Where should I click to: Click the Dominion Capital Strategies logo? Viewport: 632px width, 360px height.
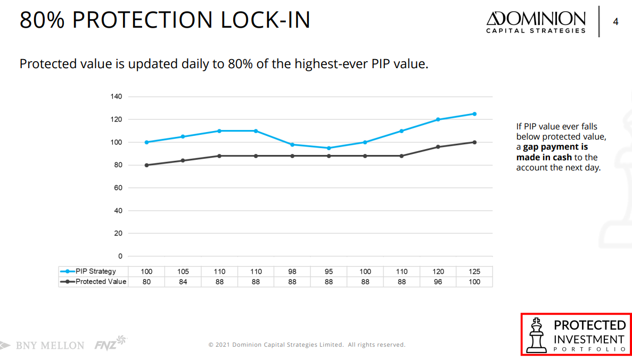pyautogui.click(x=536, y=22)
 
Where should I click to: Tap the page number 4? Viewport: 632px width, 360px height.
pyautogui.click(x=616, y=22)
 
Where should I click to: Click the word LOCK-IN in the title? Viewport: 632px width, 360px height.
pyautogui.click(x=266, y=20)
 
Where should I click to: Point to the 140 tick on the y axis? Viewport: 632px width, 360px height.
pyautogui.click(x=117, y=97)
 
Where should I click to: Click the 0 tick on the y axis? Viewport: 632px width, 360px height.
pyautogui.click(x=120, y=256)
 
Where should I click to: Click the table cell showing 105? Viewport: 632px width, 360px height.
pyautogui.click(x=183, y=272)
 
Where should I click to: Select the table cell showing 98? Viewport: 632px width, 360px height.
pyautogui.click(x=292, y=272)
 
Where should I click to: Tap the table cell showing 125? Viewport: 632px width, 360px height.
pyautogui.click(x=474, y=272)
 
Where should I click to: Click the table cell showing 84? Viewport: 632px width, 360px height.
pyautogui.click(x=183, y=282)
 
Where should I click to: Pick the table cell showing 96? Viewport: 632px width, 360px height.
pyautogui.click(x=438, y=282)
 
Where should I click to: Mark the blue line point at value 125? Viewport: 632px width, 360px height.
pyautogui.click(x=474, y=114)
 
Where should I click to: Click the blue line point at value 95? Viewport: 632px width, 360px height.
pyautogui.click(x=329, y=148)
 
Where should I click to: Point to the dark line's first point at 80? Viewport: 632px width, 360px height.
pyautogui.click(x=146, y=165)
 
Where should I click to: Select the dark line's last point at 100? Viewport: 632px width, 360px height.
pyautogui.click(x=474, y=142)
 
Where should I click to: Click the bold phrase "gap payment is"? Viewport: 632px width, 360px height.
pyautogui.click(x=555, y=147)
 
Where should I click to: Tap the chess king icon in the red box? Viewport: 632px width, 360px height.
pyautogui.click(x=537, y=334)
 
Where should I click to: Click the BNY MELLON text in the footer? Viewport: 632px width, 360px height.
pyautogui.click(x=50, y=346)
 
